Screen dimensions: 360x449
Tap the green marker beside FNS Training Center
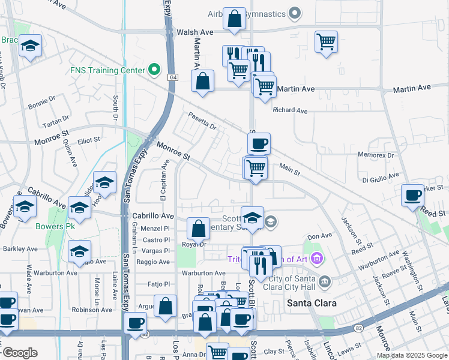coord(154,70)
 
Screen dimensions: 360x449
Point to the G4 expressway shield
coord(174,77)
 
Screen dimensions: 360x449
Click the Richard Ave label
coord(290,110)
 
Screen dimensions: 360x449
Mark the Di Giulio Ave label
coord(380,176)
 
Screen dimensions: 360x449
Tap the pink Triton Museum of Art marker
coord(316,259)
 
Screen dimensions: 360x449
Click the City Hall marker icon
coord(325,281)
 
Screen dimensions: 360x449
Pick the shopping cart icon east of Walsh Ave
coord(326,41)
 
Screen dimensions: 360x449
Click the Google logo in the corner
coord(20,352)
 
